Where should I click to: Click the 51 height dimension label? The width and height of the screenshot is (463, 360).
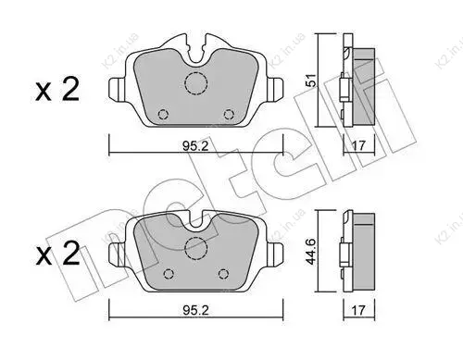coord(312,80)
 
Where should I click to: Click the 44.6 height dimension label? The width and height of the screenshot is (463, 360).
coord(312,251)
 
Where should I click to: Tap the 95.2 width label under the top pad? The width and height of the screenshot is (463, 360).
coord(195,146)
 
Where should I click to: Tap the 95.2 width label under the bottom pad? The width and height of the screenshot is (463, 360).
coord(195,310)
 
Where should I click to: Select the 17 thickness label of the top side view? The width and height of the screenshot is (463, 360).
coord(358,145)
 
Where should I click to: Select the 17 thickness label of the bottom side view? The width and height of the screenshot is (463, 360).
coord(358,310)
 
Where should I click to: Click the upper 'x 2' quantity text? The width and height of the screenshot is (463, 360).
coord(57,89)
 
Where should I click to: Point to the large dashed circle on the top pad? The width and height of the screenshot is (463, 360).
coord(195,83)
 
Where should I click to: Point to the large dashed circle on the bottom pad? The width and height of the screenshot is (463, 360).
coord(195,248)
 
